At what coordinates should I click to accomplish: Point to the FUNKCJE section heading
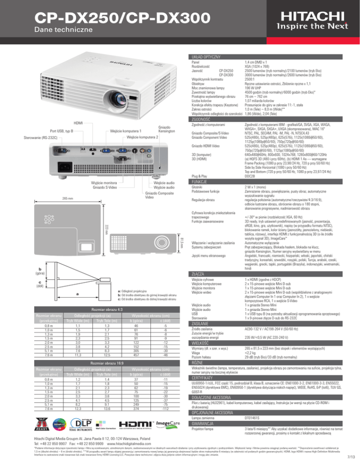point(202,168)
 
